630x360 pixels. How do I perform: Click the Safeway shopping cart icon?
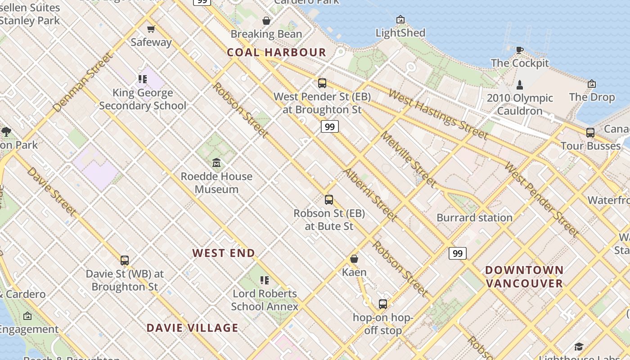point(151,29)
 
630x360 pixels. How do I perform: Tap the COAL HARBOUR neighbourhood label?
point(276,52)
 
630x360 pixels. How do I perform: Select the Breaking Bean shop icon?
point(266,21)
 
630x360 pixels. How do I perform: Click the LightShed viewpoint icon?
point(400,19)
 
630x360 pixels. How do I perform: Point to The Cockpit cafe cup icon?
point(519,50)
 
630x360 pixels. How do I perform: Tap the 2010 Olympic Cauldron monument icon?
point(519,84)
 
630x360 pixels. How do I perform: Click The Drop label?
point(591,97)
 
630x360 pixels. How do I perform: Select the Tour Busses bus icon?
point(590,133)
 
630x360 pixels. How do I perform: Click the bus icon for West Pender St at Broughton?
point(322,83)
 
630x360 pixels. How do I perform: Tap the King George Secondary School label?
point(143,99)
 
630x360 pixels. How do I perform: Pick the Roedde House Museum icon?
point(216,163)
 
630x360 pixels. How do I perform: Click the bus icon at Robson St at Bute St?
point(329,200)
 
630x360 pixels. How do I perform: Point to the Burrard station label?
point(474,218)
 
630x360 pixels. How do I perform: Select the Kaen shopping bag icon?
point(354,259)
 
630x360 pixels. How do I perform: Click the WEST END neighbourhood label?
point(224,253)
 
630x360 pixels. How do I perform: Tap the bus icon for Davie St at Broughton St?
point(125,261)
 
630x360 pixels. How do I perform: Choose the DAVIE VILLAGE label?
point(192,328)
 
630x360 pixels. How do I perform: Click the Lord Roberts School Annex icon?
point(265,281)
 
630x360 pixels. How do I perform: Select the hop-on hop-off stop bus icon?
point(382,304)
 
